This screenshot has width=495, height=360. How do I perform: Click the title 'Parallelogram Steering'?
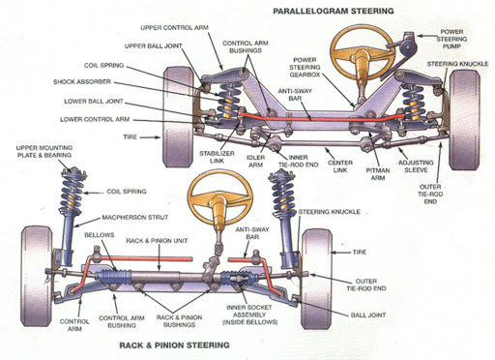pyautogui.click(x=334, y=11)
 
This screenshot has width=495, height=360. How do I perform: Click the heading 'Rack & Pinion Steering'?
pyautogui.click(x=174, y=345)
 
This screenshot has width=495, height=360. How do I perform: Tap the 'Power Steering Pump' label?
pyautogui.click(x=451, y=39)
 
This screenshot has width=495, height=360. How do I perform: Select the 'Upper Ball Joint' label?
pyautogui.click(x=154, y=46)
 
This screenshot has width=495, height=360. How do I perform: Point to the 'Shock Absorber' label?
pyautogui.click(x=82, y=82)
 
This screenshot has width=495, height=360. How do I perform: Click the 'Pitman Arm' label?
pyautogui.click(x=378, y=174)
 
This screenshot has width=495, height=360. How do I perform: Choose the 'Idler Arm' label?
pyautogui.click(x=255, y=162)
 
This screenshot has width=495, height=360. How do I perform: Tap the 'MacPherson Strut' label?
pyautogui.click(x=135, y=218)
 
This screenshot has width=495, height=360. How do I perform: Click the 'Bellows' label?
pyautogui.click(x=100, y=235)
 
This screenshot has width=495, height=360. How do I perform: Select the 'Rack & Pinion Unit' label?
pyautogui.click(x=157, y=241)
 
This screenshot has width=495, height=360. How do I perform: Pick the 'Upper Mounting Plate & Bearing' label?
pyautogui.click(x=44, y=152)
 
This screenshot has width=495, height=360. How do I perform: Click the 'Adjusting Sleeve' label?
pyautogui.click(x=416, y=166)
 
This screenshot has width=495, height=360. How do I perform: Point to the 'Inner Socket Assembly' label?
pyautogui.click(x=249, y=315)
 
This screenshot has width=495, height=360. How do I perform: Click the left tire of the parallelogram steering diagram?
pyautogui.click(x=178, y=117)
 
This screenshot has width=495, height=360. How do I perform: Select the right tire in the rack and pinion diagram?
pyautogui.click(x=316, y=280)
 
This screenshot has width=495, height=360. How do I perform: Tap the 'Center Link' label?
pyautogui.click(x=340, y=166)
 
